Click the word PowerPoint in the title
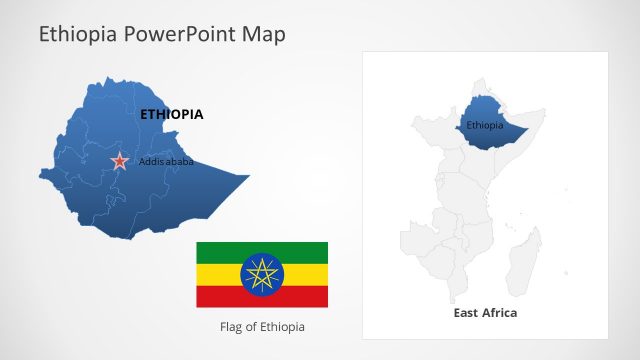click(179, 35)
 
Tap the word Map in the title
click(263, 35)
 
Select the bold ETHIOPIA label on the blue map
click(171, 114)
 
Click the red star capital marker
click(120, 160)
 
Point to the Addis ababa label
click(166, 161)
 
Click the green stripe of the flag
click(262, 252)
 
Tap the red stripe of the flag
click(262, 297)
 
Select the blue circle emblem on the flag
click(262, 274)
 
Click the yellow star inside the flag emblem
click(262, 274)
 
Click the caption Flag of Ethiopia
click(262, 327)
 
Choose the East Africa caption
click(485, 313)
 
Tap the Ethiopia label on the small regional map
click(485, 125)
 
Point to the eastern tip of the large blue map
click(246, 179)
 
